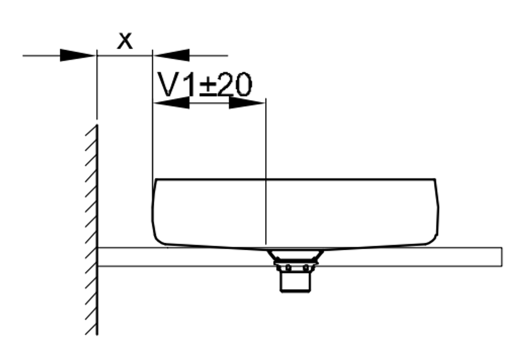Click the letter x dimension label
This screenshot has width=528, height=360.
tap(125, 41)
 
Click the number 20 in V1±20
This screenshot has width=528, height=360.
tap(234, 84)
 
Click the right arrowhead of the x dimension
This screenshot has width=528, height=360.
tap(171, 55)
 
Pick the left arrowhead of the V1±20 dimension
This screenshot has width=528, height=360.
tap(171, 103)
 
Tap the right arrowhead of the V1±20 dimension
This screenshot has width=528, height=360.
tap(247, 103)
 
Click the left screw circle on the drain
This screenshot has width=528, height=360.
tap(288, 268)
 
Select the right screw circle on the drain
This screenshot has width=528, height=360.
tap(306, 268)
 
